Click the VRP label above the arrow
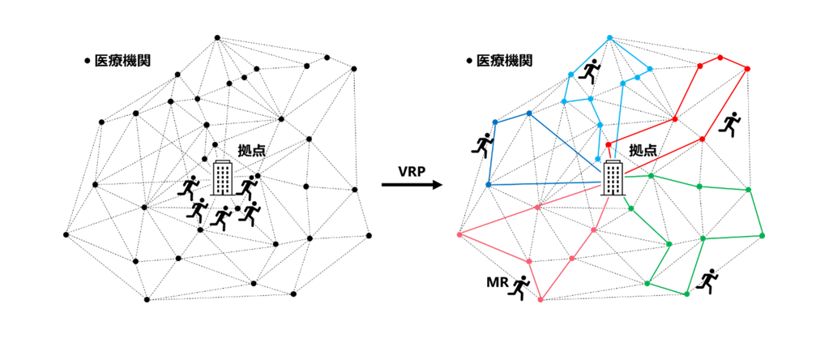pos(413,171)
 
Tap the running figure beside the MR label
pos(518,287)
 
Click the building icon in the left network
pos(222,178)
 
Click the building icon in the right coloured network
pos(613,178)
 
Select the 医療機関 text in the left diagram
pos(122,61)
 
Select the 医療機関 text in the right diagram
pos(504,61)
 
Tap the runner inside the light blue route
pos(591,73)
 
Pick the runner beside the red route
pos(732,122)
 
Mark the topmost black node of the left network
pos(216,37)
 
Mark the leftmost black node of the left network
pos(66,235)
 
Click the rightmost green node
pos(762,235)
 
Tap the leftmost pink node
pos(459,235)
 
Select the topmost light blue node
pos(609,37)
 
